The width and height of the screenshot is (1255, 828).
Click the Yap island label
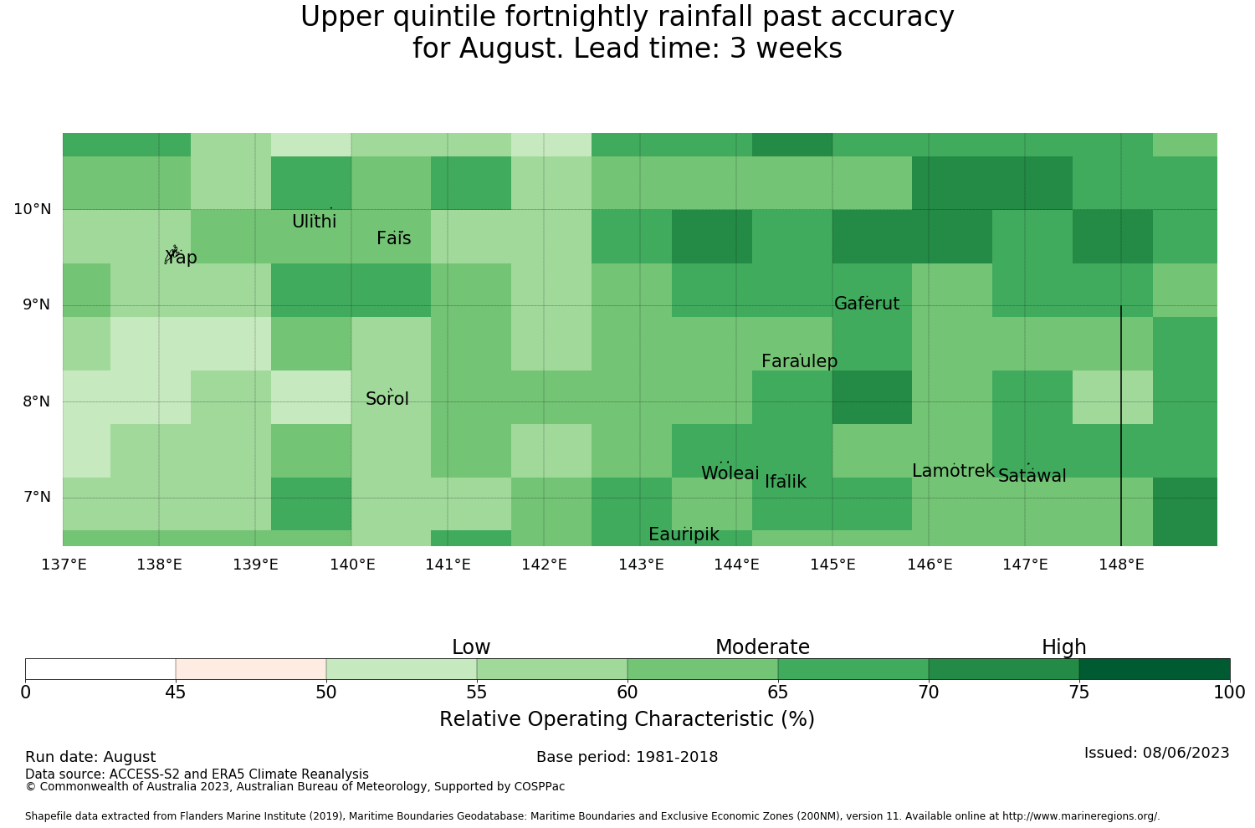coord(181,258)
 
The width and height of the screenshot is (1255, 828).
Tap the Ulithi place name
coord(315,222)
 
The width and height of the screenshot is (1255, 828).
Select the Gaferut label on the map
coord(867,303)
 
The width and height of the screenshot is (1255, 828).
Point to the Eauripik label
coord(684,534)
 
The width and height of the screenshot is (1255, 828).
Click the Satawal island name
coord(1032,476)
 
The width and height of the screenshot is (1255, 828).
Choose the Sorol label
coord(387,399)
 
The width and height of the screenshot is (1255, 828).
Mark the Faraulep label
coord(800,361)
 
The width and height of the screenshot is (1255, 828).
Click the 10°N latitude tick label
coord(33,210)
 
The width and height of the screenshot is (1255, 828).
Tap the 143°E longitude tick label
coord(641,565)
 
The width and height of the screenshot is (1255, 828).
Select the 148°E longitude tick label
coord(1121,565)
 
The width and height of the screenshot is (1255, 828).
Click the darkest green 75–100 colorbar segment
coord(1154,669)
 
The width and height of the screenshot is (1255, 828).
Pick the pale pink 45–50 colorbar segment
coord(251,669)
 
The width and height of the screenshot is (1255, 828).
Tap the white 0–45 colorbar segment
coord(100,669)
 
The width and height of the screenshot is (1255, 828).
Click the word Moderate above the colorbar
coord(762,647)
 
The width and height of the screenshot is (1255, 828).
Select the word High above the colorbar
coord(1064,647)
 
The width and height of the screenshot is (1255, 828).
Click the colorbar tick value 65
coord(777,693)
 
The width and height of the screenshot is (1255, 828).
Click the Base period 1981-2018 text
coord(627,757)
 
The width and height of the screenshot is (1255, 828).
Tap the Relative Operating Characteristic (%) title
coord(627,718)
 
